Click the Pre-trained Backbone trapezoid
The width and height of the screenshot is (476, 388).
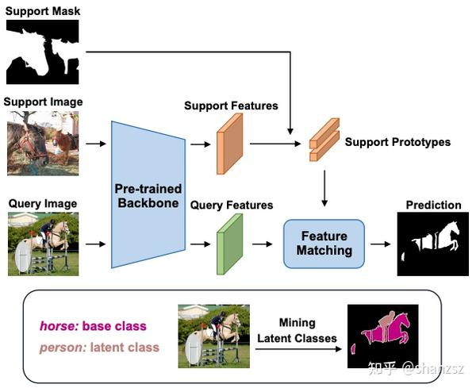click(x=149, y=194)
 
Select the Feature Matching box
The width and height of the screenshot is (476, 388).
click(x=324, y=243)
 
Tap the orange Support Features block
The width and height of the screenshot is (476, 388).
click(x=230, y=143)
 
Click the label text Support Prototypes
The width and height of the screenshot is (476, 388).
click(x=397, y=142)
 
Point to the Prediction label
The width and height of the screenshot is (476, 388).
click(x=433, y=205)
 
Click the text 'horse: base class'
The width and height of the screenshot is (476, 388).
click(x=93, y=326)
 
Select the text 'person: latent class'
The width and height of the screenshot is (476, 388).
click(x=99, y=347)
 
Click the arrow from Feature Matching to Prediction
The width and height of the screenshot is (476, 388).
click(x=381, y=244)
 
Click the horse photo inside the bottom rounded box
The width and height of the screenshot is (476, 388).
click(x=213, y=336)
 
